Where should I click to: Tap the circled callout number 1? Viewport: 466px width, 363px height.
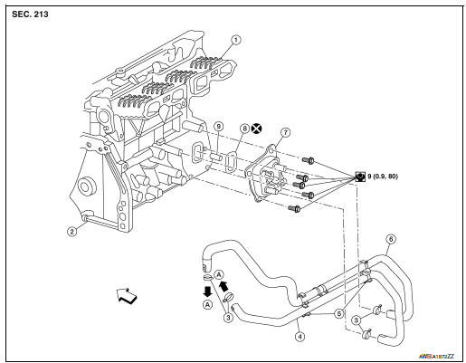click(235, 40)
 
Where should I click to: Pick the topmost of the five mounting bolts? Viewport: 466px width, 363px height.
click(309, 162)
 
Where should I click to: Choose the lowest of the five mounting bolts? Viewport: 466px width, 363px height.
click(294, 209)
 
